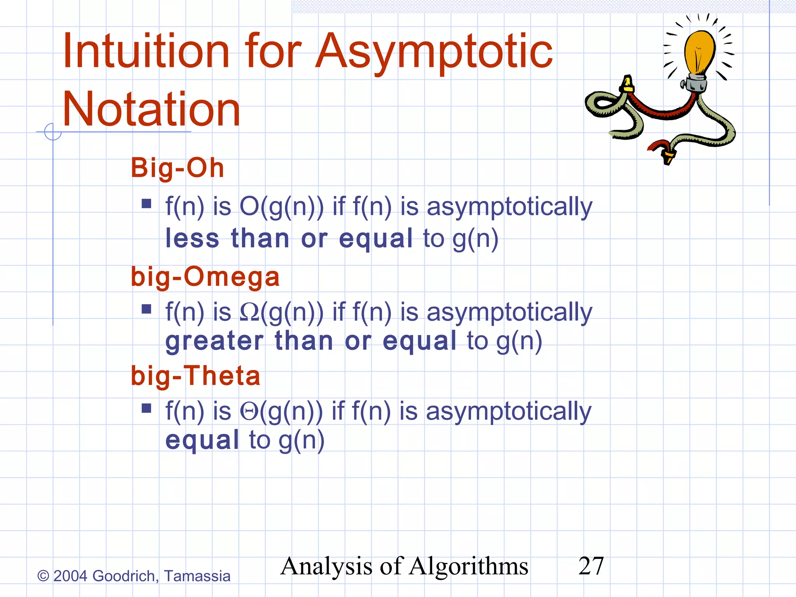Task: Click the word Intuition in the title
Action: pos(146,52)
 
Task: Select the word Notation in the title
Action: pos(151,109)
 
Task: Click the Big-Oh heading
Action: pos(178,168)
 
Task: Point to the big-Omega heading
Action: pos(205,277)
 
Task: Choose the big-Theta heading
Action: pos(196,376)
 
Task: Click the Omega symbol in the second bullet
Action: pos(249,312)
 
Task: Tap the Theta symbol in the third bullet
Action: pos(249,411)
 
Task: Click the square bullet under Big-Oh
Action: pos(147,204)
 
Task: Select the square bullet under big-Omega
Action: pos(147,309)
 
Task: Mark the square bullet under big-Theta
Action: pos(147,408)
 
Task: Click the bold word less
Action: pos(192,238)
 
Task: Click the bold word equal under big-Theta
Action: pos(202,440)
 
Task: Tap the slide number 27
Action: pos(591,566)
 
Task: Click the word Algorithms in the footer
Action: pos(468,566)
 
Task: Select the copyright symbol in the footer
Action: pos(43,576)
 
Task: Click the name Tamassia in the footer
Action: pos(197,576)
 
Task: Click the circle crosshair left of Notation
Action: pos(53,132)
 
